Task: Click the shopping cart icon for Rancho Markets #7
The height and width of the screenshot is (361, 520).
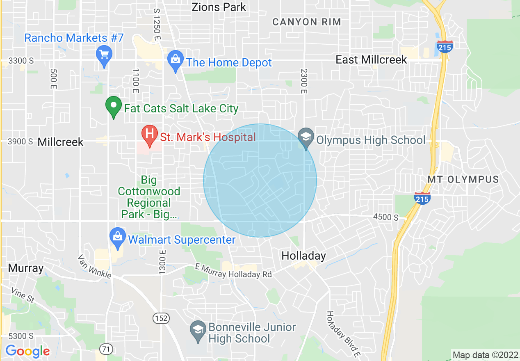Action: (x=104, y=54)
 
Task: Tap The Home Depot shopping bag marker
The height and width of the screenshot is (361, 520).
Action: (x=176, y=60)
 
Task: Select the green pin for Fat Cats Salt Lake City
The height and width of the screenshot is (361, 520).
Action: (x=114, y=106)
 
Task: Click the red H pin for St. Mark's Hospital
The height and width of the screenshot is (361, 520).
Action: (x=150, y=134)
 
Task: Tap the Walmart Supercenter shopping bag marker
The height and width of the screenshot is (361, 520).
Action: (x=118, y=237)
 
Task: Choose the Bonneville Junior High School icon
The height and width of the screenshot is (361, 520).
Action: (x=198, y=330)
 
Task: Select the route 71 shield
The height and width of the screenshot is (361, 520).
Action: (x=106, y=350)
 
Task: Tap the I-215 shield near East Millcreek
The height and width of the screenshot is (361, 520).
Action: (x=445, y=46)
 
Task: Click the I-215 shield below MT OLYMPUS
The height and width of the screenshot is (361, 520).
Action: (x=422, y=198)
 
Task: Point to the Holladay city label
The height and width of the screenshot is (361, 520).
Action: (x=303, y=256)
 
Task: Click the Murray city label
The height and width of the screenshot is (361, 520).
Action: (x=25, y=268)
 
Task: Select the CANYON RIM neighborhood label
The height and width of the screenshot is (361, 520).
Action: (x=307, y=22)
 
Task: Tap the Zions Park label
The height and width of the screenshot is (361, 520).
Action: (x=219, y=7)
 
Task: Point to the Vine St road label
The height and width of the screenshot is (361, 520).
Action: (x=23, y=295)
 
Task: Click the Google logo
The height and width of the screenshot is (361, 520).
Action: (x=27, y=351)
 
